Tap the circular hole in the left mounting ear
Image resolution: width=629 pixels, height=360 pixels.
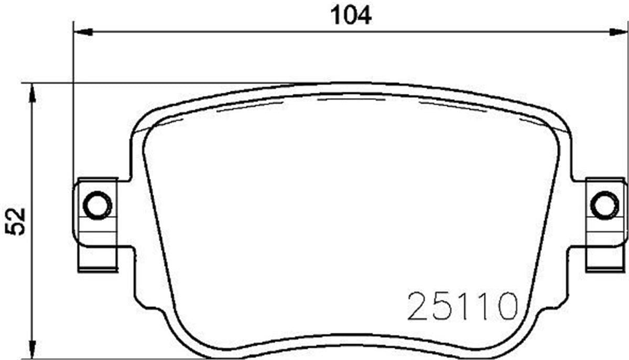pyautogui.click(x=97, y=205)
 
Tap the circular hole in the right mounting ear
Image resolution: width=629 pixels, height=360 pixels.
pyautogui.click(x=604, y=205)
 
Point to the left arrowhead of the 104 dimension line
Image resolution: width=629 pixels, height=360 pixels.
pyautogui.click(x=83, y=32)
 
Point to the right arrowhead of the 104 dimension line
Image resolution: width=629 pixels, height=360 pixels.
pyautogui.click(x=619, y=32)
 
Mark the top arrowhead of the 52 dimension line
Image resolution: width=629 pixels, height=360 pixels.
pyautogui.click(x=32, y=94)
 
